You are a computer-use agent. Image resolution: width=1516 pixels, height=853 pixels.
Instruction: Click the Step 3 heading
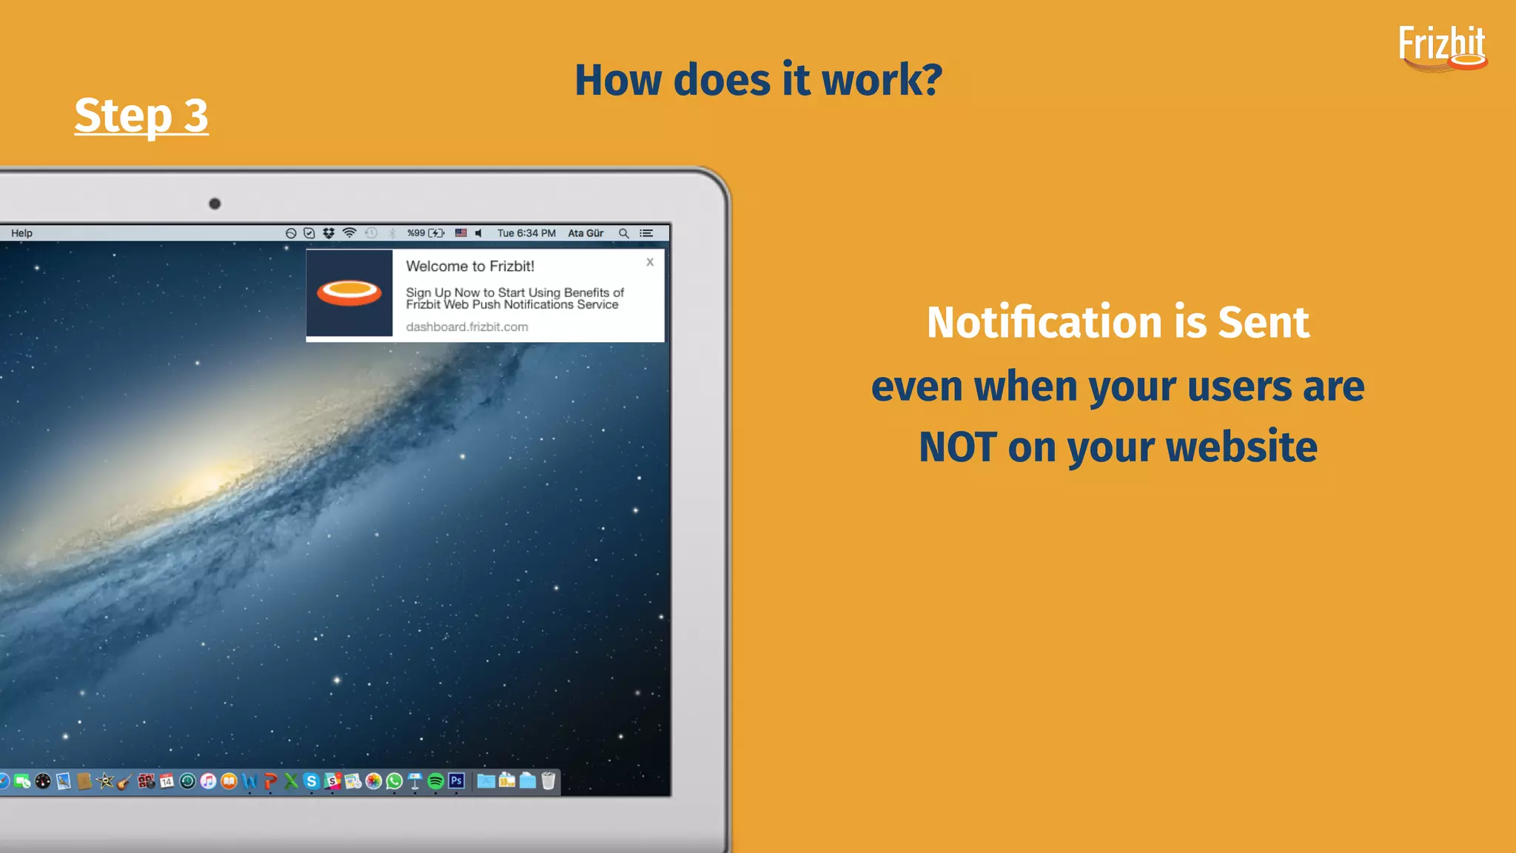tap(141, 116)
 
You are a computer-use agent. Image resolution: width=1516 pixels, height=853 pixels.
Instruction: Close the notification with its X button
tap(650, 262)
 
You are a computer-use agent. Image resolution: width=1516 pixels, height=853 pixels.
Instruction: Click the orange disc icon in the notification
tap(349, 293)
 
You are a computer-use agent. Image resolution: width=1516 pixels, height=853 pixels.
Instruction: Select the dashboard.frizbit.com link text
tap(466, 327)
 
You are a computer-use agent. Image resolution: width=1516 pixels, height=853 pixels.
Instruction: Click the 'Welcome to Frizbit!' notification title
tap(470, 267)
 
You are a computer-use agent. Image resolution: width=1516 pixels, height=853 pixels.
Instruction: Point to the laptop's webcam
tap(215, 204)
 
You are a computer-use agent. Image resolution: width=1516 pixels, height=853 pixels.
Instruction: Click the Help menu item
tap(21, 233)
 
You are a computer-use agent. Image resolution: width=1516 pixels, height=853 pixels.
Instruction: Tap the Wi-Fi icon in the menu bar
tap(349, 233)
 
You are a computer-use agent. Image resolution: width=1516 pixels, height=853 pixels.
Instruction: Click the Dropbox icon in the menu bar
tap(329, 233)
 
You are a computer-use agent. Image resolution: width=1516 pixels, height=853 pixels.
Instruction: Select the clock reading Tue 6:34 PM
tap(526, 233)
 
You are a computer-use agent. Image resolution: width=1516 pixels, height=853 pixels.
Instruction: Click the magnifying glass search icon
tap(624, 233)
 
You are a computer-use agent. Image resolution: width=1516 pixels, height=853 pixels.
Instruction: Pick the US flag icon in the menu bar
tap(460, 233)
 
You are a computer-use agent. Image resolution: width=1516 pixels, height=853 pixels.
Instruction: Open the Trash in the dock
tap(549, 781)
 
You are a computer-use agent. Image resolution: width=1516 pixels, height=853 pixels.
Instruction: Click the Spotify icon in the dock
tap(436, 781)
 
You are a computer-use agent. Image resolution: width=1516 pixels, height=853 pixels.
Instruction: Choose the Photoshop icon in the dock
tap(457, 781)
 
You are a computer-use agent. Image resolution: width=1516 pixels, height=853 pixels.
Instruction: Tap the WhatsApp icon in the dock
tap(395, 781)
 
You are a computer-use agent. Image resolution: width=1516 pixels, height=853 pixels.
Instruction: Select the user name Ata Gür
tap(586, 233)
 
